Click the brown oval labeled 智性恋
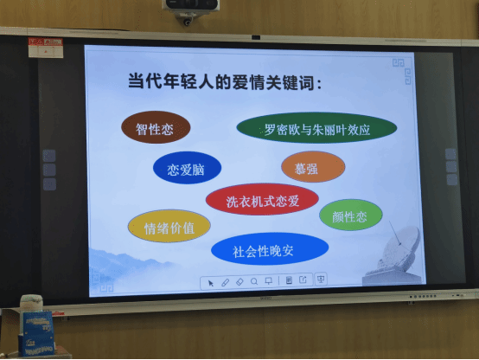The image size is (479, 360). click(x=156, y=127)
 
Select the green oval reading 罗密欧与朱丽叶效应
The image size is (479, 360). click(x=316, y=128)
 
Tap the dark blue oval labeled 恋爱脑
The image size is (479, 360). click(x=187, y=168)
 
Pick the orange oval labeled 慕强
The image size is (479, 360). click(x=313, y=167)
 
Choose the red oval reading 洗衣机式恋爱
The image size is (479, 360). click(x=262, y=199)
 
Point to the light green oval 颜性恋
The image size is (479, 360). click(x=351, y=215)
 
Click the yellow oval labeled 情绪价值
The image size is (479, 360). click(x=169, y=226)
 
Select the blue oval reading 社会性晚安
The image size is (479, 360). click(x=270, y=248)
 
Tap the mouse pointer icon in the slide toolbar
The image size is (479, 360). click(x=210, y=283)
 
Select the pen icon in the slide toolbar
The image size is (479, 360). click(x=225, y=282)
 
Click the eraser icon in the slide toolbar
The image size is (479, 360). click(x=239, y=282)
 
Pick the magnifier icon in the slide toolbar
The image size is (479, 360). click(x=254, y=281)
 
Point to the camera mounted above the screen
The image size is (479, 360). click(x=190, y=10)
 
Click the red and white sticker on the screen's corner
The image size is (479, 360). click(x=46, y=48)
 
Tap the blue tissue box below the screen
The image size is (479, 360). click(x=36, y=333)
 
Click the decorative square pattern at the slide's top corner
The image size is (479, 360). click(x=402, y=71)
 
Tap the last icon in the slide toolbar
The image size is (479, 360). click(x=321, y=279)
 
